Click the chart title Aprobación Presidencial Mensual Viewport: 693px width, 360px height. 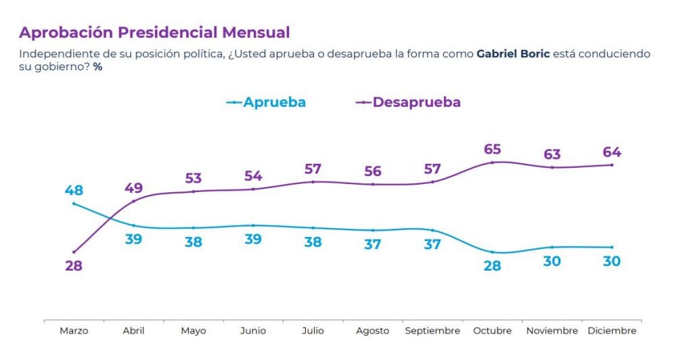pos(154,32)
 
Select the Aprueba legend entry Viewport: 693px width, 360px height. pos(265,102)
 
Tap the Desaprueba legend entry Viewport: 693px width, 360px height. pos(408,102)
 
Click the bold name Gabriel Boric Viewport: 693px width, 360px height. pos(513,54)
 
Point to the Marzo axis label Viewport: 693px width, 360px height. pos(74,330)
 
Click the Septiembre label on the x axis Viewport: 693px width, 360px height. pos(432,331)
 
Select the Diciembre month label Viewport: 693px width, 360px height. pos(612,330)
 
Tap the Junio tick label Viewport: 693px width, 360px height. pos(253,330)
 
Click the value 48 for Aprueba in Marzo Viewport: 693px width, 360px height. pos(74,190)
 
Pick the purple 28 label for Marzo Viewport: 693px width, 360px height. pos(74,265)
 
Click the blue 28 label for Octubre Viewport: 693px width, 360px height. pos(492,265)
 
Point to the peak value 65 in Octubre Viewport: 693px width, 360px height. pos(492,150)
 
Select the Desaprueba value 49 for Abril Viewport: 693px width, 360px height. pos(133,188)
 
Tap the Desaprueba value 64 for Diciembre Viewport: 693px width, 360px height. pos(612,152)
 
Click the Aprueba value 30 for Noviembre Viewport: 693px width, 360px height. pos(552,261)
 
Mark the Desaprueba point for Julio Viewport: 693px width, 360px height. pos(313,182)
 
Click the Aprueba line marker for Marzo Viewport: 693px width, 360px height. pos(74,204)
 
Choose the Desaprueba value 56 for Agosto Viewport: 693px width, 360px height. pos(373,171)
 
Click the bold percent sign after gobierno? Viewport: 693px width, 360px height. pos(97,67)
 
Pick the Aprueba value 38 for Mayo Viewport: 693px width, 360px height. pos(193,242)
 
